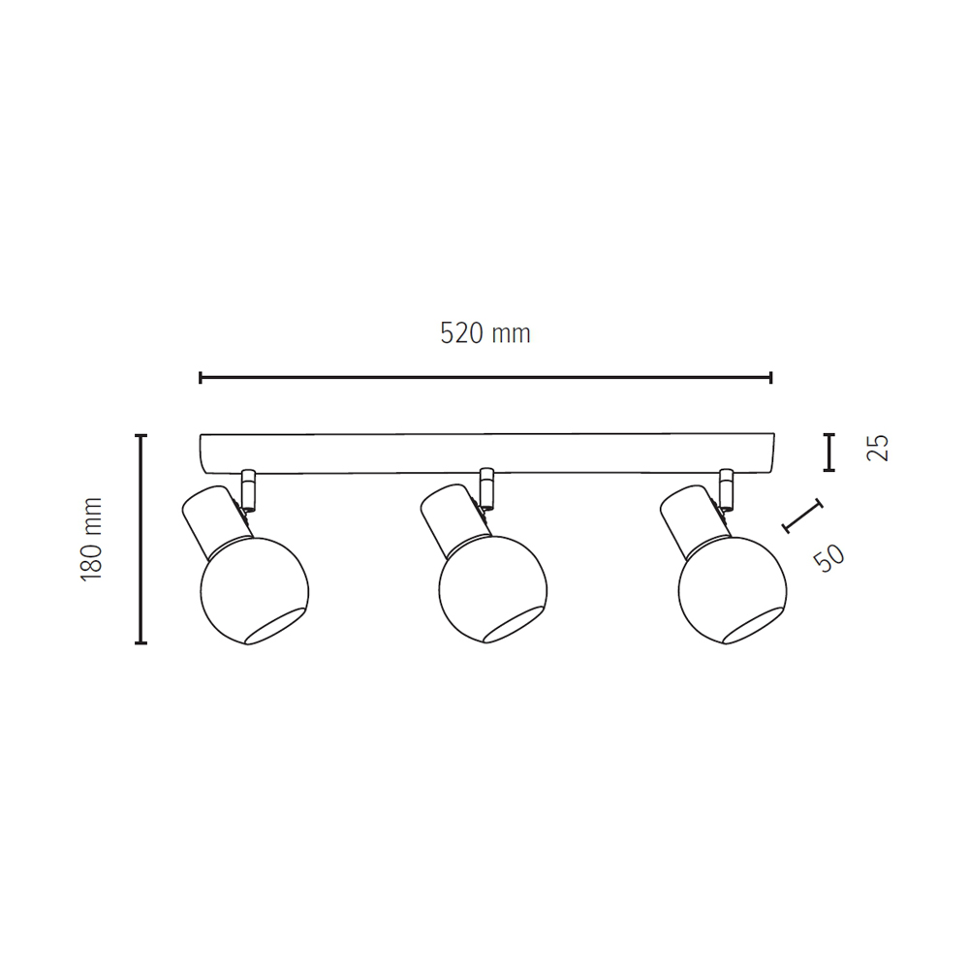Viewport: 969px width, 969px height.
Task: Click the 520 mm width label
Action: click(485, 333)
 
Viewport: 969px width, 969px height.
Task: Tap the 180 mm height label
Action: click(91, 539)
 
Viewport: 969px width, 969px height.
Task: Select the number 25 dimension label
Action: click(878, 448)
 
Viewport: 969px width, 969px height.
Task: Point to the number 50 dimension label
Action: click(828, 558)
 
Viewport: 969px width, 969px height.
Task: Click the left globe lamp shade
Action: click(255, 591)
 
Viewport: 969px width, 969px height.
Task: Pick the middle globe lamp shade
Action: click(492, 591)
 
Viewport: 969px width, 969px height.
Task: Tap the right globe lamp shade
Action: click(733, 591)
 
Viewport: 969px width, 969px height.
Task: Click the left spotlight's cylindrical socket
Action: click(216, 517)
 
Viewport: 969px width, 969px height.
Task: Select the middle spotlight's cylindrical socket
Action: click(454, 517)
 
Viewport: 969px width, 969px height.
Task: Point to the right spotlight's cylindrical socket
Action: click(695, 517)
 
